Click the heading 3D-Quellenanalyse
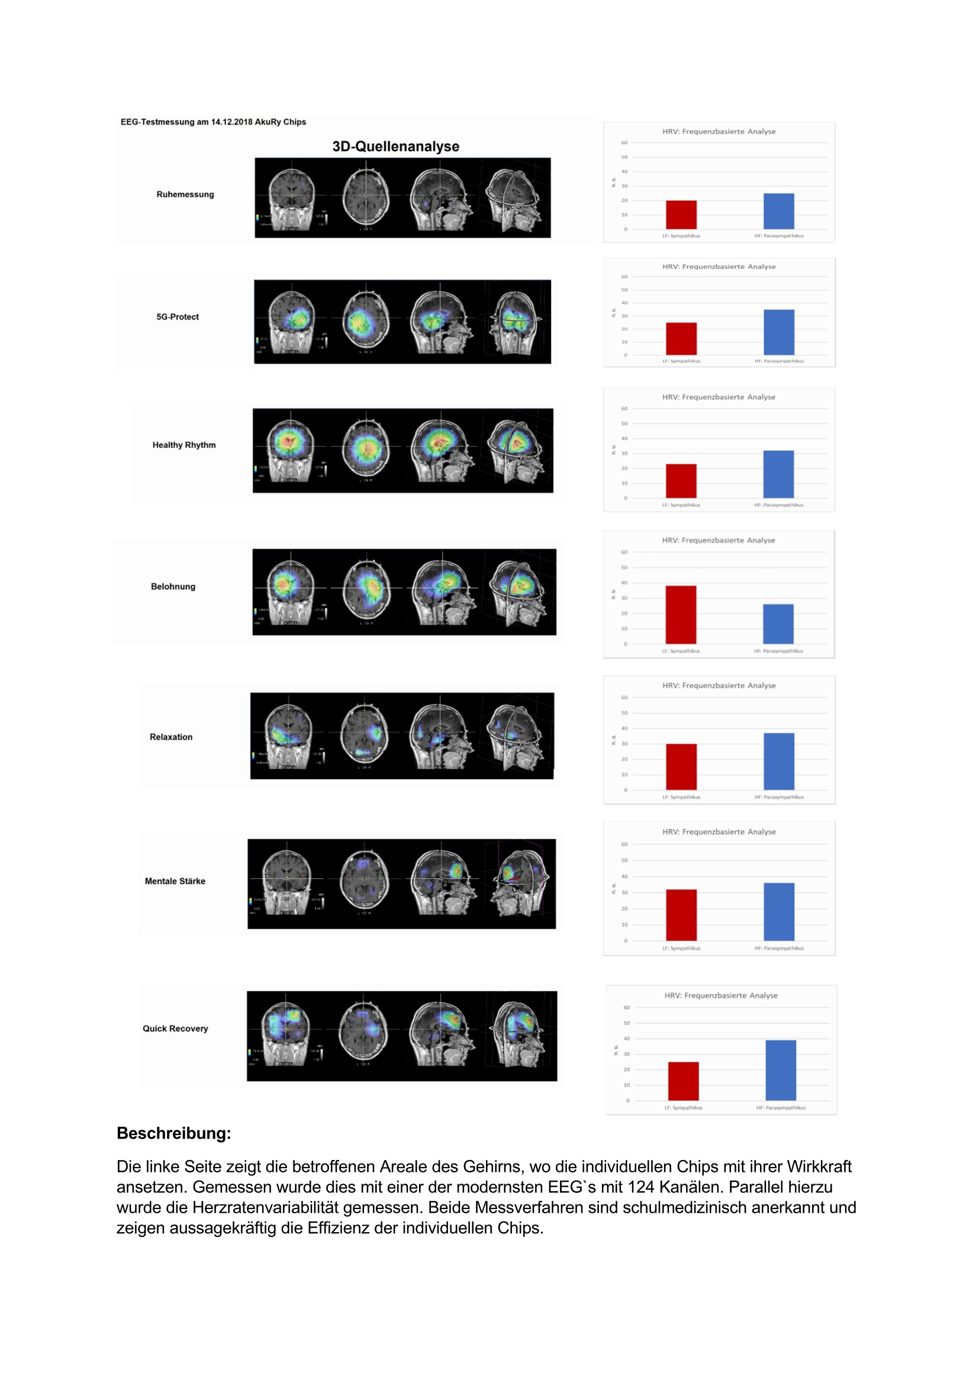coord(395,147)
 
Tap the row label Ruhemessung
coord(185,194)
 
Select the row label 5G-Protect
coord(177,317)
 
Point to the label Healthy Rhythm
coord(184,445)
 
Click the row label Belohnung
coord(173,586)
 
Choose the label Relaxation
coord(171,737)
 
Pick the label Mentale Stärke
coord(175,881)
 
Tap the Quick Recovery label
coord(175,1029)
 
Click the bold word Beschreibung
coord(173,1133)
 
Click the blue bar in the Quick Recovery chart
coord(781,1070)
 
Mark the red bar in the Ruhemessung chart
coord(681,215)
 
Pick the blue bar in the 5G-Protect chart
coord(779,332)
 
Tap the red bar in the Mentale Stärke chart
coord(681,914)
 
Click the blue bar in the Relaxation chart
coord(779,761)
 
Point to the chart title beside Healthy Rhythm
coord(719,397)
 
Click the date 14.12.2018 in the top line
coord(231,122)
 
